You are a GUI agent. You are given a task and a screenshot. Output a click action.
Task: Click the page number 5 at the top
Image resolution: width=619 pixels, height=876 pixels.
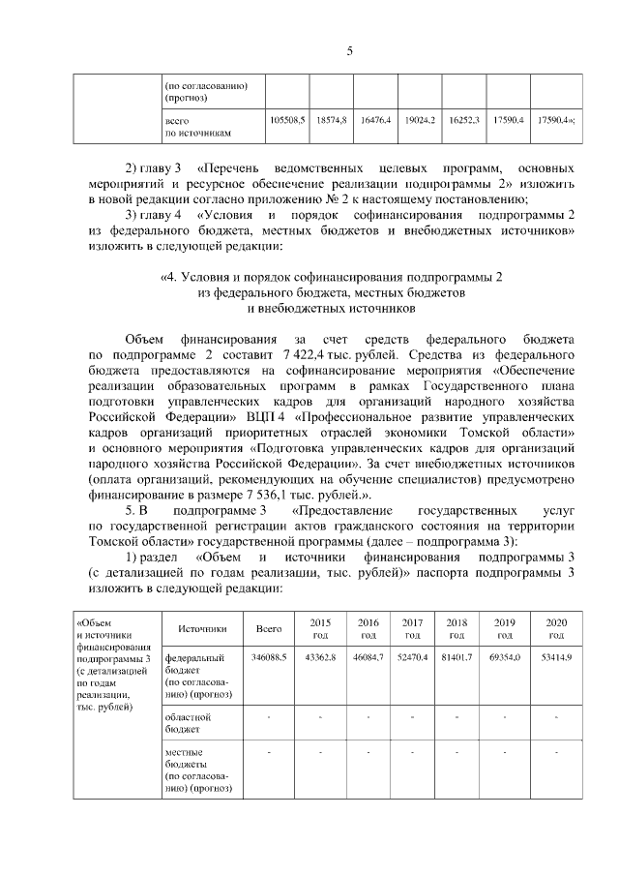[x=349, y=52]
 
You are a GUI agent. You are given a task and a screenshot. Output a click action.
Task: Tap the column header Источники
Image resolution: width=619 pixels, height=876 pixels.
[x=202, y=628]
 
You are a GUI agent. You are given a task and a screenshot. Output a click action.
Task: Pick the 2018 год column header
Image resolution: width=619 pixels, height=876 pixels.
[x=457, y=628]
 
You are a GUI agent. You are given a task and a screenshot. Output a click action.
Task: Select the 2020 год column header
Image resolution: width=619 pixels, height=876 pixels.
[x=556, y=628]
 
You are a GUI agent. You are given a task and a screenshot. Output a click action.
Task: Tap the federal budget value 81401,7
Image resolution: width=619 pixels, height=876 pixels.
[x=457, y=657]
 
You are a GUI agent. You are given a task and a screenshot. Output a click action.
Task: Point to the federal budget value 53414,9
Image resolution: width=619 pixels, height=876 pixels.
[x=556, y=657]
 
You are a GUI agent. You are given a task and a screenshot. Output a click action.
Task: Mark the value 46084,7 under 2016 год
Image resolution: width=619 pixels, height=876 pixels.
[x=368, y=657]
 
